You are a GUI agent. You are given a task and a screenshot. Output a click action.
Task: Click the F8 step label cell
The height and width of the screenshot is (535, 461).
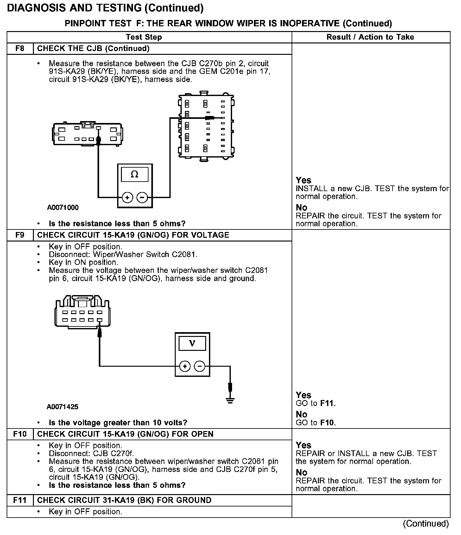[x=20, y=49]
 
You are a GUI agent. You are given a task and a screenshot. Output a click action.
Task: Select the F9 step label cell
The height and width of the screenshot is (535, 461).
[x=20, y=235]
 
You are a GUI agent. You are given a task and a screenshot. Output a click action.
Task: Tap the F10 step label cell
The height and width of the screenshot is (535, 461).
[x=20, y=434]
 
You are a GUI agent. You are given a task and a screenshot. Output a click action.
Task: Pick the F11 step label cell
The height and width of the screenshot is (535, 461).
[x=20, y=500]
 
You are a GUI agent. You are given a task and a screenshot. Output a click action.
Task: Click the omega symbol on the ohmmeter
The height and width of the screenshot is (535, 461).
[x=135, y=174]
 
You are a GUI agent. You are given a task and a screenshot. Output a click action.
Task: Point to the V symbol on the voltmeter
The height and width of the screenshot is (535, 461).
[x=192, y=343]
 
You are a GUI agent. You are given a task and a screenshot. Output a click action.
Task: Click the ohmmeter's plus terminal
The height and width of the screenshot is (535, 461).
[x=127, y=198]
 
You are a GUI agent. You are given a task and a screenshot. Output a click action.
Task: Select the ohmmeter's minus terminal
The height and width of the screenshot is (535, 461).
[x=142, y=198]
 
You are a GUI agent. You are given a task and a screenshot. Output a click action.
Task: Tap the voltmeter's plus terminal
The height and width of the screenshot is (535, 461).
[x=185, y=366]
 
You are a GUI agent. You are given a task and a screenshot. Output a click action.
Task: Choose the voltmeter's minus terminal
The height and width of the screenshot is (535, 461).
[x=199, y=366]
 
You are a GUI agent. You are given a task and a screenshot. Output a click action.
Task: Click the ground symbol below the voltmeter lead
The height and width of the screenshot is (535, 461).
[x=230, y=401]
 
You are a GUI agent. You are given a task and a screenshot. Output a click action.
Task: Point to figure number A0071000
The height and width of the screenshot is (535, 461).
[x=63, y=208]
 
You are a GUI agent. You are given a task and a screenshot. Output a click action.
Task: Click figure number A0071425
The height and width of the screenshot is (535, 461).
[x=62, y=407]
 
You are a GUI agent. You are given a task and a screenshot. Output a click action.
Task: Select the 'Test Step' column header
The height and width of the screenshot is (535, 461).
[x=144, y=37]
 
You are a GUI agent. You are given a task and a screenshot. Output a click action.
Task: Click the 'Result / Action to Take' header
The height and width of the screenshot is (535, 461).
[x=370, y=37]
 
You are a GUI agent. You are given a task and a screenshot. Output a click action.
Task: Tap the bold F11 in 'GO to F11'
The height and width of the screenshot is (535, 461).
[x=327, y=403]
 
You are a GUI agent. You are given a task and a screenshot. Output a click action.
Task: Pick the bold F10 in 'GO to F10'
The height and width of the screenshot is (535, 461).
[x=327, y=422]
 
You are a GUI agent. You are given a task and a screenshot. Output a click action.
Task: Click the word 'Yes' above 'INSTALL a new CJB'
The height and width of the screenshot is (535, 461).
[x=303, y=180]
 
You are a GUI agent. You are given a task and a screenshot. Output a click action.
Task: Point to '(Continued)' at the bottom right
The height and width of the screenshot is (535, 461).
[x=426, y=524]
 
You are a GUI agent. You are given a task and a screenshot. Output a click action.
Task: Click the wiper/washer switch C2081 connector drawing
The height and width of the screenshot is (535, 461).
[x=83, y=312]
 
